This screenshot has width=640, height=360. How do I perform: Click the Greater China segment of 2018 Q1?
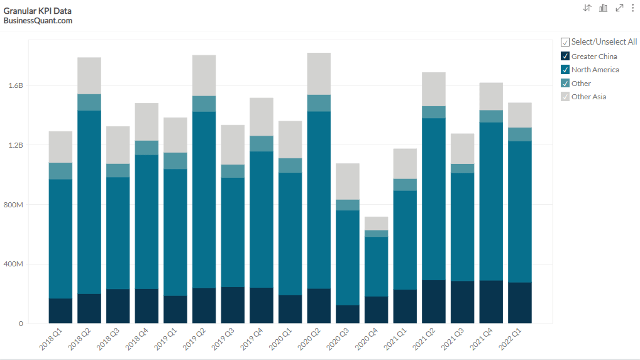pos(60,311)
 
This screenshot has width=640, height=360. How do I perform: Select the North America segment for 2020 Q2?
pos(319,200)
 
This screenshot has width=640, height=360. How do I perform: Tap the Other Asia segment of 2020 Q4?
pos(376,223)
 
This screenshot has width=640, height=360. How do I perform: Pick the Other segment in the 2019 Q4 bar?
pos(262,144)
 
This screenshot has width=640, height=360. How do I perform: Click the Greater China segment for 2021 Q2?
pos(434,302)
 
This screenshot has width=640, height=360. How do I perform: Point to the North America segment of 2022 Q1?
pos(520,212)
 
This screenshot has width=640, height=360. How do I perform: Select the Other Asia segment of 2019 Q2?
pos(204,75)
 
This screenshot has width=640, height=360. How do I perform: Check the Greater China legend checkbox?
pos(565,57)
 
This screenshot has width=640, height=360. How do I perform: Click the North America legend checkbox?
pos(565,70)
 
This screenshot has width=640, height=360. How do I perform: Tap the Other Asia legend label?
pos(588,97)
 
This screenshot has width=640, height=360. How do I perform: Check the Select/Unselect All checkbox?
pos(565,42)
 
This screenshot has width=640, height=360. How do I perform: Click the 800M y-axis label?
pos(12,205)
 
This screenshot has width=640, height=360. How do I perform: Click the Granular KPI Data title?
pos(37,11)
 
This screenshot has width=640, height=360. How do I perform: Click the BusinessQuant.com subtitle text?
pos(38,21)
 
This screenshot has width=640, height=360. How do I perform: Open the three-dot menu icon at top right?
pos(632,8)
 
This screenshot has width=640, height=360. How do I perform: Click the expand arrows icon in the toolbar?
pos(619,8)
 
